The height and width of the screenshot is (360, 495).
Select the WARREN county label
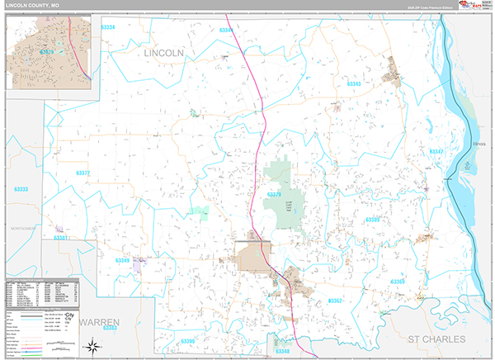100,320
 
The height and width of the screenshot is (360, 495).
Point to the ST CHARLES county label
437,339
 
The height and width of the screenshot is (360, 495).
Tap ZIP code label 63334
103,27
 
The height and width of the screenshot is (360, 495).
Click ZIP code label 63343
353,84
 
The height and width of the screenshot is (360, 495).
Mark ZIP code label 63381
61,238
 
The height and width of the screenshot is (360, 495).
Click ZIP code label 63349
123,260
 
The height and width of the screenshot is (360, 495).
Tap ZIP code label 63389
374,220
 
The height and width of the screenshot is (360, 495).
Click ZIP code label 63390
187,341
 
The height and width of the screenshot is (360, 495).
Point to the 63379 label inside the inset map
46,52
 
